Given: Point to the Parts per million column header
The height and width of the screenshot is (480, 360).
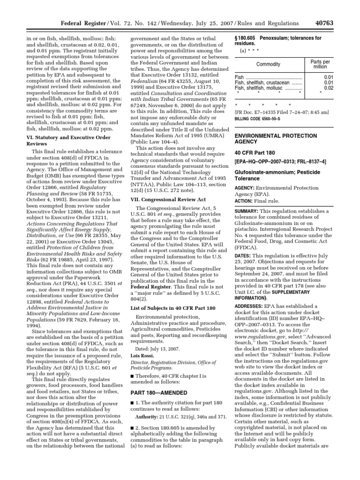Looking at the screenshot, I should [320, 64].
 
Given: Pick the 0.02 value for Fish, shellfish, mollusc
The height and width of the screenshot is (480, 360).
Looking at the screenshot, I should [328, 88].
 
